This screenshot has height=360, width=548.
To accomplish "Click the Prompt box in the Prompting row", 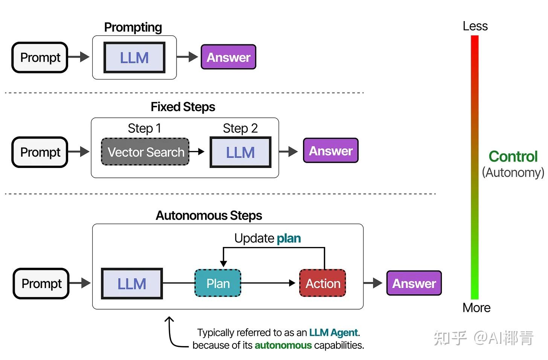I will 40,58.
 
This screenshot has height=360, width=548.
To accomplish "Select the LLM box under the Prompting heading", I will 134,58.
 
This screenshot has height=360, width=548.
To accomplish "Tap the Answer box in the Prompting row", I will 228,57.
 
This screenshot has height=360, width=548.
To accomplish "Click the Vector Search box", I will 146,152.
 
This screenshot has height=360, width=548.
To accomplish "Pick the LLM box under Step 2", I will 241,153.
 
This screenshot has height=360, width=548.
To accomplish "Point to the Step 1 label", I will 144,128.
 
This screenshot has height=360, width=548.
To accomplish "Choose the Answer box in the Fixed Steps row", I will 330,151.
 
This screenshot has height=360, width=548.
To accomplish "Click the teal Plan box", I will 218,283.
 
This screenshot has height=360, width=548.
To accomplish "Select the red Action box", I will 323,283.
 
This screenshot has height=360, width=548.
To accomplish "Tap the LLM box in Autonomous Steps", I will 132,284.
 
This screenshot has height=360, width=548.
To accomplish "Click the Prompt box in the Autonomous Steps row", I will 41,284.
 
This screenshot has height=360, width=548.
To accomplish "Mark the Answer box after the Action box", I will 414,283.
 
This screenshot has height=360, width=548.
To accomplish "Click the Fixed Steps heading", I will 183,107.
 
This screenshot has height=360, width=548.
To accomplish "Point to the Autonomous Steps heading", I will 209,215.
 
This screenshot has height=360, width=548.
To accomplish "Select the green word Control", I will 513,157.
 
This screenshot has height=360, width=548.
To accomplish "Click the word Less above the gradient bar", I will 475,26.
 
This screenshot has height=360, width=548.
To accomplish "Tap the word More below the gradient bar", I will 476,308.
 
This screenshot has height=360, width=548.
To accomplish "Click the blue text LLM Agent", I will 333,333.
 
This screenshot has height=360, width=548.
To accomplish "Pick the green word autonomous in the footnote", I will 283,345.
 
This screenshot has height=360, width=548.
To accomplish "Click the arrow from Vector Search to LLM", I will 197,152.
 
